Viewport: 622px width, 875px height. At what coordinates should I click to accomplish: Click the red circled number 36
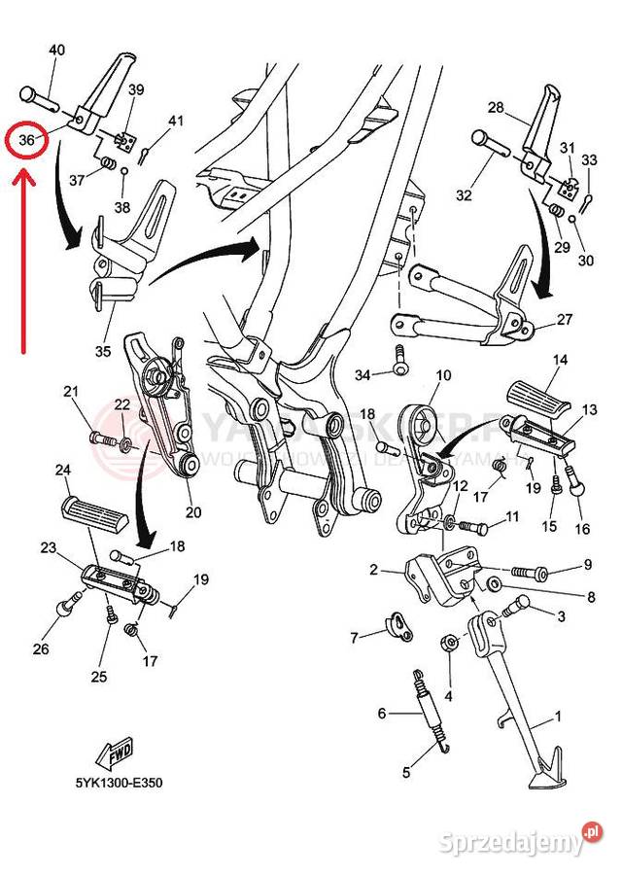(27, 140)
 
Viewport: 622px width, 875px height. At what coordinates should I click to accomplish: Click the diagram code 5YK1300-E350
(119, 781)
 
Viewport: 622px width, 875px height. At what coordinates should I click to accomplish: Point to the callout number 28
(496, 107)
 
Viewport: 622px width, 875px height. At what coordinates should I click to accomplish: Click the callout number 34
(363, 374)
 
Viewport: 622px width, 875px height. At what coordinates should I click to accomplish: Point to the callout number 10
(443, 374)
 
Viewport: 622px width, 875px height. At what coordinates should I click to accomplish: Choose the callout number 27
(565, 319)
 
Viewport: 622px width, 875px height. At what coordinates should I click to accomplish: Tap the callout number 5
(406, 772)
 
